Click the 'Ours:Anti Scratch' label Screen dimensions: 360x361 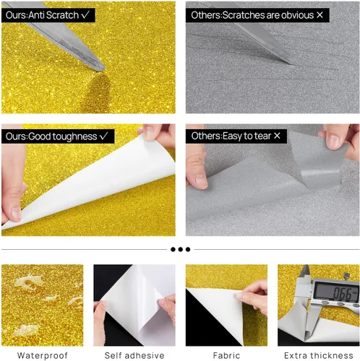click(x=48, y=15)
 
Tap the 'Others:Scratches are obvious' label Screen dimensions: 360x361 click(x=257, y=15)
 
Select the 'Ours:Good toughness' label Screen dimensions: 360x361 click(x=58, y=136)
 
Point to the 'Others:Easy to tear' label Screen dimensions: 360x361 click(x=236, y=136)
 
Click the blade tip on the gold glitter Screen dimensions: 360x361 click(x=103, y=69)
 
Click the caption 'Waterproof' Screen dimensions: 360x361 click(x=43, y=355)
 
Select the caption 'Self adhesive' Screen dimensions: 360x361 click(x=134, y=355)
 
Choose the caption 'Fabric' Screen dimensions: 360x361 click(x=226, y=355)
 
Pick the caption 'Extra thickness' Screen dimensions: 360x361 click(x=319, y=355)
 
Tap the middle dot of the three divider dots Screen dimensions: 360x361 click(x=181, y=249)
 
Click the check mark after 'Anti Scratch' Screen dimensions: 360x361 click(x=85, y=15)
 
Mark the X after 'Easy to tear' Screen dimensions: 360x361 click(x=277, y=136)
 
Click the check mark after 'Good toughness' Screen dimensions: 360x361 click(x=104, y=136)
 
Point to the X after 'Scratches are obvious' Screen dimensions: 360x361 click(x=320, y=15)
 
